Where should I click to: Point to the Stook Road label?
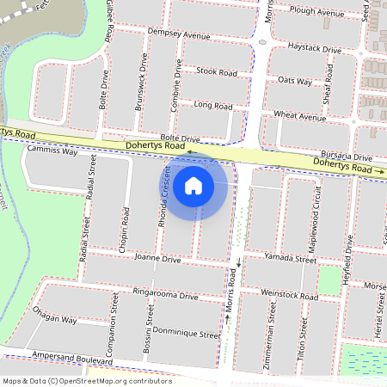tap(216, 72)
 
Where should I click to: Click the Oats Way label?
tap(296, 80)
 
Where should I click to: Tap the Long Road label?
tap(212, 106)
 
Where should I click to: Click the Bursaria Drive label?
tap(343, 157)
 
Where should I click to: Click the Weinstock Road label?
tap(288, 293)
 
